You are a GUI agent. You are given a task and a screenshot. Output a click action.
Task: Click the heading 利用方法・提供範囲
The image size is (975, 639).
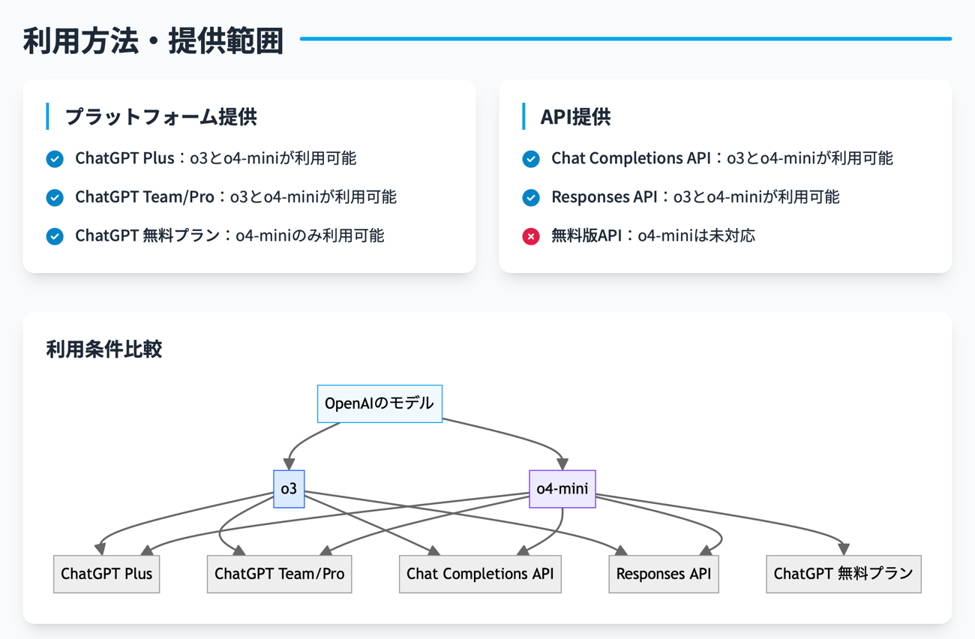click(x=153, y=40)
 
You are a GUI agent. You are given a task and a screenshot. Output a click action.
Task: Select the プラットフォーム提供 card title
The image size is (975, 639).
click(x=160, y=117)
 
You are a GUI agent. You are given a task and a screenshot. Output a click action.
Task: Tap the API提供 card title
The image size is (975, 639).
click(x=575, y=117)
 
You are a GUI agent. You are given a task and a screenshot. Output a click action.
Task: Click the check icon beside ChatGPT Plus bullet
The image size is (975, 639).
click(x=55, y=159)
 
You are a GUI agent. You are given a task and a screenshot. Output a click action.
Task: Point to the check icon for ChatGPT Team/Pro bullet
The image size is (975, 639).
click(x=55, y=197)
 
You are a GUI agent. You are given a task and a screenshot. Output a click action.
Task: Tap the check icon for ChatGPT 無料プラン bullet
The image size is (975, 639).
click(x=55, y=236)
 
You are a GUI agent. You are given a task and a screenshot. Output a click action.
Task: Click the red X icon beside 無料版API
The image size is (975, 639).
click(x=531, y=236)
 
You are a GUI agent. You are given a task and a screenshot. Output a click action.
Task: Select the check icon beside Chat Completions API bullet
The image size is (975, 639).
click(x=531, y=159)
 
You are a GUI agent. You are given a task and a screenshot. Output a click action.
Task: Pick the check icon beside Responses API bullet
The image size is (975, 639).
click(x=531, y=197)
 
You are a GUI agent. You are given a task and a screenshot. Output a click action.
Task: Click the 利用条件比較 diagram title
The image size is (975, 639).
click(x=104, y=349)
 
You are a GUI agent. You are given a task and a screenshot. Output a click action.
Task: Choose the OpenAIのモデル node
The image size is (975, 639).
click(x=379, y=403)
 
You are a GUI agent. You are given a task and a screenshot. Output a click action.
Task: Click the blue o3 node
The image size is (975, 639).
click(x=289, y=489)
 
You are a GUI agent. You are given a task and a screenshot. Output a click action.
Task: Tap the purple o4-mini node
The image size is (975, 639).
click(x=562, y=489)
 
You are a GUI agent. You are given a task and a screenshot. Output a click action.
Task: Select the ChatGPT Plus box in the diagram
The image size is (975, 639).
click(x=106, y=574)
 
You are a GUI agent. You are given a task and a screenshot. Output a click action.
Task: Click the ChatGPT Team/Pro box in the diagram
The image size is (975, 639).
click(x=279, y=574)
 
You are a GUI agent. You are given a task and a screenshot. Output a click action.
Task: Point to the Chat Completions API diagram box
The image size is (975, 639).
click(x=480, y=574)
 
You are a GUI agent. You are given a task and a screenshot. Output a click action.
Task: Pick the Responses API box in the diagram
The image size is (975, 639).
click(x=664, y=574)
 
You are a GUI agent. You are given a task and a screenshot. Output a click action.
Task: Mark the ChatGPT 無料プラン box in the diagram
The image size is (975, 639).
click(x=843, y=574)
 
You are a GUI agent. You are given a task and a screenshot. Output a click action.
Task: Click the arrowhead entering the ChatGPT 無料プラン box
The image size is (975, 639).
click(x=844, y=550)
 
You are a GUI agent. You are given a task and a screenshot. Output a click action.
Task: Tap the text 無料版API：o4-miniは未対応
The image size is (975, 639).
click(x=652, y=236)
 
